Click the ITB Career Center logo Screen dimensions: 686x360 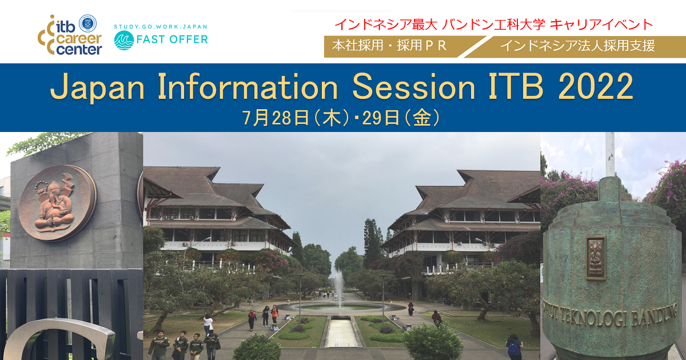[70, 35]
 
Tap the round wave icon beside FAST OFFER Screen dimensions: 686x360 [123, 41]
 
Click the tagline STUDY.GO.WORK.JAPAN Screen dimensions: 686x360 [161, 27]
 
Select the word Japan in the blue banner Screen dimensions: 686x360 [97, 87]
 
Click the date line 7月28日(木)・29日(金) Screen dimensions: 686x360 [341, 118]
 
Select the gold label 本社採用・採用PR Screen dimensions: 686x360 [389, 46]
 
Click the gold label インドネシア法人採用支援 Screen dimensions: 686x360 [577, 46]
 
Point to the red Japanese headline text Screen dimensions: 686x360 [494, 25]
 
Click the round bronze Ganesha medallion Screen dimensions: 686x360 [57, 203]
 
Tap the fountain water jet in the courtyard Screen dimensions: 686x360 [338, 288]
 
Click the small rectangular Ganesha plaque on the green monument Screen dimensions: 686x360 [596, 258]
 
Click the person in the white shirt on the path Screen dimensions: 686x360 [208, 324]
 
